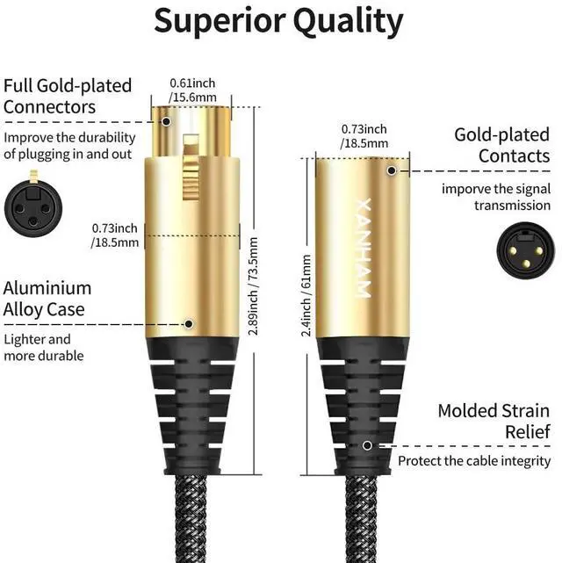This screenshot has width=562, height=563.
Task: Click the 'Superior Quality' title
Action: coord(279,20)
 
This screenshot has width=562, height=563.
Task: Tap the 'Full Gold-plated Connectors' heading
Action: coord(68,97)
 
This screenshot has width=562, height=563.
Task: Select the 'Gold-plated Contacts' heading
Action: coord(501,145)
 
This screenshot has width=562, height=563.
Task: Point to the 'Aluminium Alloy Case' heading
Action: coord(47,299)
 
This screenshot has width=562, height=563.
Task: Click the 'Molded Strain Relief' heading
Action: coord(494,421)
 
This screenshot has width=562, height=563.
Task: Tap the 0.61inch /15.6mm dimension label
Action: coord(192,90)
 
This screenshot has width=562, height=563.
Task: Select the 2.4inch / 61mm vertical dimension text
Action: coord(306,295)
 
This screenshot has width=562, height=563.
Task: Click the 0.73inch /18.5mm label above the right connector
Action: coord(364,136)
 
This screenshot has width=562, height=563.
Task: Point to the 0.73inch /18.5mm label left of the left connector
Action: coord(115,235)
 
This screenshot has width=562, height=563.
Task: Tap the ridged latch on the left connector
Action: coord(187,167)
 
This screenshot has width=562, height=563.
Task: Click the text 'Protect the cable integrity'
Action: coord(474,460)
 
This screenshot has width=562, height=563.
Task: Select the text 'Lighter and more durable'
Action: coord(44,347)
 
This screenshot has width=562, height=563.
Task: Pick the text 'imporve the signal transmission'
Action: coord(496,197)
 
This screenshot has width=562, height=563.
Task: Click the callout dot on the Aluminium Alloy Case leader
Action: coord(189,323)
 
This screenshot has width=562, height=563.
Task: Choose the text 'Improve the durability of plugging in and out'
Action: coord(69,146)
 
